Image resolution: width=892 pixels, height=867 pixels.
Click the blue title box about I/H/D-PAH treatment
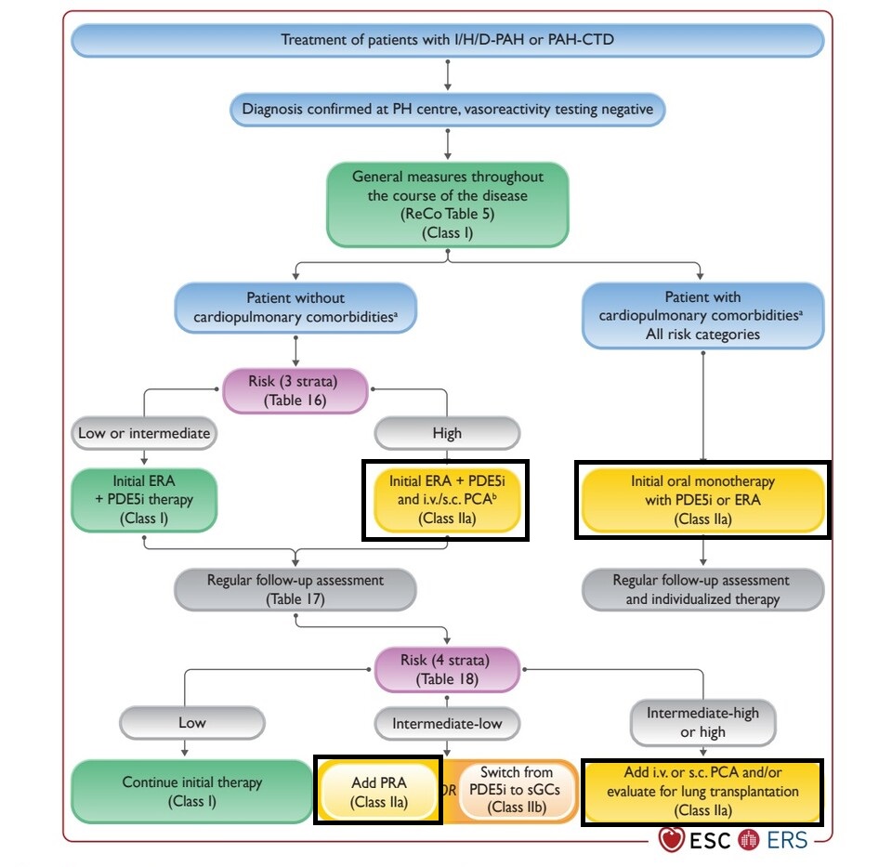tap(447, 40)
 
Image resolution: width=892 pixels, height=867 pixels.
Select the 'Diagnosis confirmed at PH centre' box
tap(447, 110)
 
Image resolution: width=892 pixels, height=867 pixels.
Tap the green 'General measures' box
tap(447, 204)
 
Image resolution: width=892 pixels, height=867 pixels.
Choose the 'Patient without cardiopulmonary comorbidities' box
tap(295, 308)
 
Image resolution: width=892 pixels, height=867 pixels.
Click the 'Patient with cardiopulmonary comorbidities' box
tap(702, 316)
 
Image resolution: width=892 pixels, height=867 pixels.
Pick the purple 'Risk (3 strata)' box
tap(295, 391)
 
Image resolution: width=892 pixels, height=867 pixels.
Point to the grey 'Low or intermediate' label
tap(144, 433)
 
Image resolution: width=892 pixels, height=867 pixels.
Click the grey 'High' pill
tap(447, 433)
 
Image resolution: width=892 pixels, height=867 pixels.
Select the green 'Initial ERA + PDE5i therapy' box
tap(144, 500)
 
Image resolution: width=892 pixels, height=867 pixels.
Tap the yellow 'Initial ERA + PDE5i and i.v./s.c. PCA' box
tap(447, 500)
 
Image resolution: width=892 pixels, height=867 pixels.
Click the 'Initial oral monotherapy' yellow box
tap(702, 500)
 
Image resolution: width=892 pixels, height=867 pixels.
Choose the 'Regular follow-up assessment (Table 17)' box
tap(295, 589)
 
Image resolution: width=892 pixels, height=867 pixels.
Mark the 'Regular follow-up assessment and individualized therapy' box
tap(702, 589)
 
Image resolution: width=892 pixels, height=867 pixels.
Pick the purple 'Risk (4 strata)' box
tap(447, 670)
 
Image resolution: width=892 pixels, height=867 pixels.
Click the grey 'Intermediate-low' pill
tap(447, 724)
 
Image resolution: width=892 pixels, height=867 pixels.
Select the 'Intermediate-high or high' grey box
tap(702, 723)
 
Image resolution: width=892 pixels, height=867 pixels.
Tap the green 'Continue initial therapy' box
tap(191, 792)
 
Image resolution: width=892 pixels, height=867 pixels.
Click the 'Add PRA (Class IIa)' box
tap(379, 792)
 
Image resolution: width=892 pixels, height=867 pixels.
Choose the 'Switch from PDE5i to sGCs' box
tap(517, 790)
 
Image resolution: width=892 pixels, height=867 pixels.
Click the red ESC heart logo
tap(671, 840)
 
